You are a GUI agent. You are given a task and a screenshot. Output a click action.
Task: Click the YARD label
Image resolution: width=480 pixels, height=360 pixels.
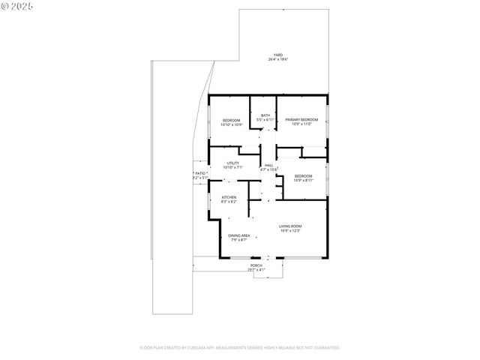(277, 55)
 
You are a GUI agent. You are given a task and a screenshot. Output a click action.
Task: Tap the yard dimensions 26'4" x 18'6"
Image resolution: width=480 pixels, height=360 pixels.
(277, 59)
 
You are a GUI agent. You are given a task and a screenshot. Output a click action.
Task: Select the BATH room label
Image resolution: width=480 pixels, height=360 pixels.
(265, 115)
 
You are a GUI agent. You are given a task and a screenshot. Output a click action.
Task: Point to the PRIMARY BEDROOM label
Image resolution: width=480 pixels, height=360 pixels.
(301, 119)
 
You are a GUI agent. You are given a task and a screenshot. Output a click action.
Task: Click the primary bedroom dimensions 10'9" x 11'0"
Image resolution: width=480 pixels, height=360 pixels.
(301, 124)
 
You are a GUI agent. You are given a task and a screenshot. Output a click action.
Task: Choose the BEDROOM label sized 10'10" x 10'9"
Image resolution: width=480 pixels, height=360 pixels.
(232, 120)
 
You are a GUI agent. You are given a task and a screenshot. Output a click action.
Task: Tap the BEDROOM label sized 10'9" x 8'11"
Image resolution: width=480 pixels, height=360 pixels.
(303, 175)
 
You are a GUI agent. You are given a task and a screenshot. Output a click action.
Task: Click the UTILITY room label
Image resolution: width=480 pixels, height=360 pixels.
(232, 163)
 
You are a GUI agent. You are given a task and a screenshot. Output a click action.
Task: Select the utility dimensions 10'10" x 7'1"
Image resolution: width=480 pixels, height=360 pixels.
(232, 167)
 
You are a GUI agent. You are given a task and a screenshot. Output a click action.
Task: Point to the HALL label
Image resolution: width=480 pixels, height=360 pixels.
(268, 165)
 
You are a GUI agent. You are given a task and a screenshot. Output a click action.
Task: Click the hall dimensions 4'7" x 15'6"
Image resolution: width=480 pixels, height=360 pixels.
(268, 169)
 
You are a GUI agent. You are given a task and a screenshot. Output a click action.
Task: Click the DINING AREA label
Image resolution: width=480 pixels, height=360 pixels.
(239, 235)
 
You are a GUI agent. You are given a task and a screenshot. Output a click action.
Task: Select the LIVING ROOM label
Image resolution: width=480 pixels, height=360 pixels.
(290, 226)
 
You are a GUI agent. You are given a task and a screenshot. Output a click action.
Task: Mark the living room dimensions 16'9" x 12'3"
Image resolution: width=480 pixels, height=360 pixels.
(290, 230)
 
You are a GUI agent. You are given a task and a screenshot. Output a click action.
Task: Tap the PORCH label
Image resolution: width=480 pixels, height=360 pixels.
(256, 265)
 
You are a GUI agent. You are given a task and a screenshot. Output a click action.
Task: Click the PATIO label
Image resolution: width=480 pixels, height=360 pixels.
(200, 173)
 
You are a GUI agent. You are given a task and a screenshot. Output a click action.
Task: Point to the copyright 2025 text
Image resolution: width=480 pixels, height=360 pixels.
(18, 7)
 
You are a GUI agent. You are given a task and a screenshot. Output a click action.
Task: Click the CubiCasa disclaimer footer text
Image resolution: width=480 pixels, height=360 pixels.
(240, 347)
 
